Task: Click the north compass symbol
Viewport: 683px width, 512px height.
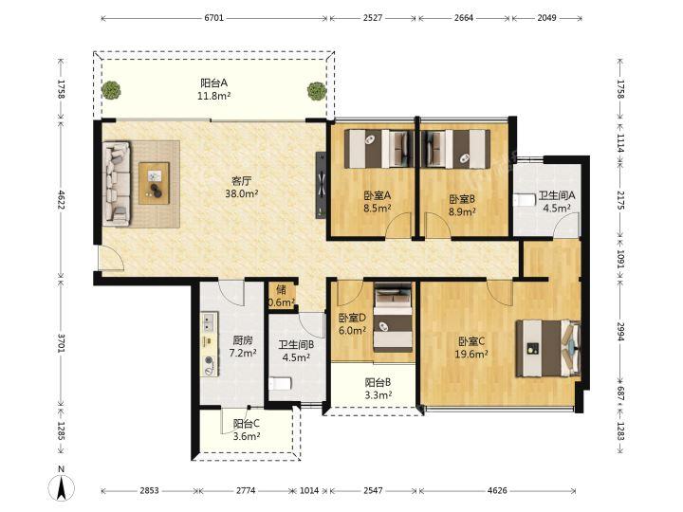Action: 61,484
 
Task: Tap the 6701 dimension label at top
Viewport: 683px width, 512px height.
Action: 213,18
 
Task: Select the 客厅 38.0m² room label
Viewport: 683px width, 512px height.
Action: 242,187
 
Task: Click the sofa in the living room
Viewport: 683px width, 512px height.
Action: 117,183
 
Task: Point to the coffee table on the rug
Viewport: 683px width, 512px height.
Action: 155,183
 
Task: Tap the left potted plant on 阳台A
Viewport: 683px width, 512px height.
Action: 111,91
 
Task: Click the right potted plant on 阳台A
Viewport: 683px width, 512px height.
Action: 317,91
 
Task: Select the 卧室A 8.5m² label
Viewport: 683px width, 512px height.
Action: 378,202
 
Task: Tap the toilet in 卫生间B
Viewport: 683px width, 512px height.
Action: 280,384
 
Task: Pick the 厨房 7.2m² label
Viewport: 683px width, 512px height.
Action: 243,347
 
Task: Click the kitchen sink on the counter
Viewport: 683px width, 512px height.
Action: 209,322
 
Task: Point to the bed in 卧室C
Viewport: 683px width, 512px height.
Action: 548,348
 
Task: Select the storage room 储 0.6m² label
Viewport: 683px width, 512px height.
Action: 282,296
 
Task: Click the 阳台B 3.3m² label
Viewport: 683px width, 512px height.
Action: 378,389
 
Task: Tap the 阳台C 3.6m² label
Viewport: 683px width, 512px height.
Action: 247,430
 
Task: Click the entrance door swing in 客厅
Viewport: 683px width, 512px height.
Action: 111,258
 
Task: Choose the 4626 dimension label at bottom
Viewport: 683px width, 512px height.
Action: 497,491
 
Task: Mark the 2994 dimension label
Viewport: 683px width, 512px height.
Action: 620,331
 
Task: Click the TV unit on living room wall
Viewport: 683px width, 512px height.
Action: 321,185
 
